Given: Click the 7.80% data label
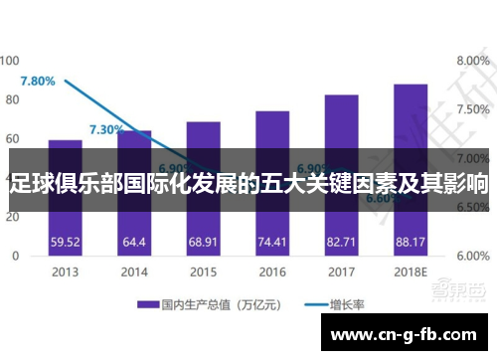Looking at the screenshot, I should coord(38,81).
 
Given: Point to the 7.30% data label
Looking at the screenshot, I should coord(106,129).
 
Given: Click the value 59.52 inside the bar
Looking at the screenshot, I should coord(65,242).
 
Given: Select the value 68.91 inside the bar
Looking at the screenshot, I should coord(203,242).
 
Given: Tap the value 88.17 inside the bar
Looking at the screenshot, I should coord(410,242).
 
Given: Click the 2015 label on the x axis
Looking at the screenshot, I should coord(203,271).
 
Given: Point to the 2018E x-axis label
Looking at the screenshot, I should coord(410,271).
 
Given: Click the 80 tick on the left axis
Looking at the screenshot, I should coord(13,99).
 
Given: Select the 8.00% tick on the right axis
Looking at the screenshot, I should coord(472,62).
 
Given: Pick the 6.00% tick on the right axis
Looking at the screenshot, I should coord(472,256).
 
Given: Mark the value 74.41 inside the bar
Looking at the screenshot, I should coord(271,242).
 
